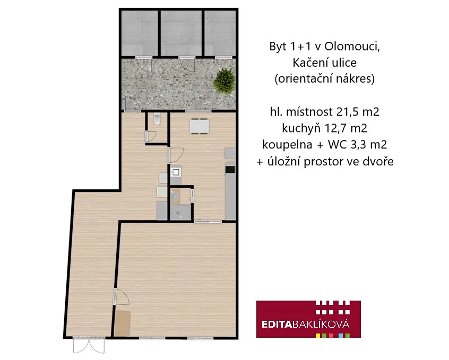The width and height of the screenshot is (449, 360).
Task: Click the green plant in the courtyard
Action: point(224,81)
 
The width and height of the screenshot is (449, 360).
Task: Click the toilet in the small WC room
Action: point(157,119)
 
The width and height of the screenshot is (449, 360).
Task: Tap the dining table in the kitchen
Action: point(199,126)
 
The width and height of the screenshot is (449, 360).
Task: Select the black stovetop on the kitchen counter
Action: point(230,170)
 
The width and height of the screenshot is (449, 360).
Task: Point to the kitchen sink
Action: point(176,172)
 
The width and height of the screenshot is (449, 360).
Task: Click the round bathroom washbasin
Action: point(175,196)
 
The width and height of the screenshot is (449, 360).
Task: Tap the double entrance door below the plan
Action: point(89,345)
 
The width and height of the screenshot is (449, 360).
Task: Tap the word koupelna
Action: point(287,145)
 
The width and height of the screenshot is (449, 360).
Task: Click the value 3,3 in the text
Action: point(359,145)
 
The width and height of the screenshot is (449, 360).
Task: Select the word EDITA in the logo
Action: point(277,324)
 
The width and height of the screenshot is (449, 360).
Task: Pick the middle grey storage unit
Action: point(181,33)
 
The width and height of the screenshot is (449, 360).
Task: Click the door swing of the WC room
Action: point(151,137)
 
